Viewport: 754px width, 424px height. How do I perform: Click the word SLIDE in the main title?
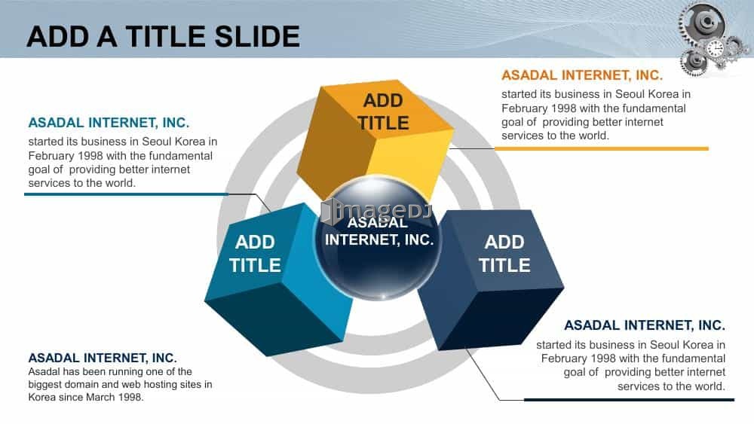tap(257, 36)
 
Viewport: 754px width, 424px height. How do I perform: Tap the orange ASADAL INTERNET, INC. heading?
tap(582, 75)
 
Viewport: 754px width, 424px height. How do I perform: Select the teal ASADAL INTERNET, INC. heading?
tap(109, 123)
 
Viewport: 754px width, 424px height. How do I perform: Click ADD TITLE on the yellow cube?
tap(383, 111)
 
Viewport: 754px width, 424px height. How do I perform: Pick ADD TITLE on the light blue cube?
tap(255, 254)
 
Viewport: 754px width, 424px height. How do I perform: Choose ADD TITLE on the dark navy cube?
tap(504, 254)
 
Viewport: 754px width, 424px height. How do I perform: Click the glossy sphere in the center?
tap(378, 238)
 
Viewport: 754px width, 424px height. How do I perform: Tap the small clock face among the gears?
tap(715, 48)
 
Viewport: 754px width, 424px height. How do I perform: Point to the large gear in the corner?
tap(703, 24)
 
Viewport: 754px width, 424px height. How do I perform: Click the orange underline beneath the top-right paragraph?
tap(602, 149)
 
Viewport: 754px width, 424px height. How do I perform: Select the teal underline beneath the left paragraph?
tap(126, 194)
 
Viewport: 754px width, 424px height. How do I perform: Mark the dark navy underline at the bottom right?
tap(629, 399)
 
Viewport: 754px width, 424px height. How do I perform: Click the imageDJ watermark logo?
tap(377, 212)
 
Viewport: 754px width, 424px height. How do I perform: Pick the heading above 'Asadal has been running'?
tap(103, 358)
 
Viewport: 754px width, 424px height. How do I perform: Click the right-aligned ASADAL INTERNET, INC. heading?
tap(645, 325)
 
